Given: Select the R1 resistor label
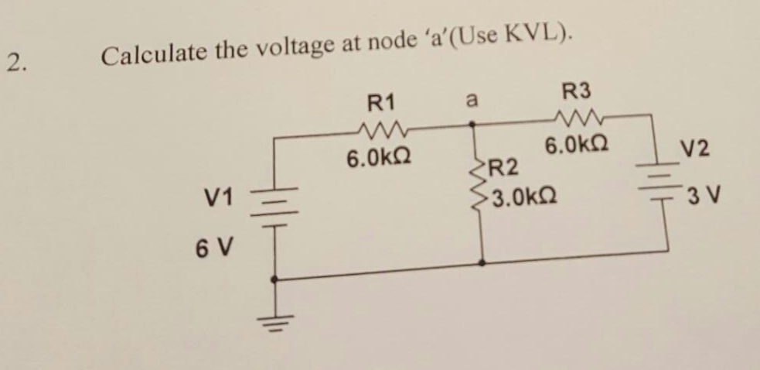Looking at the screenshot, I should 380,101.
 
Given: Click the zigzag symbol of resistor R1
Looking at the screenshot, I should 380,126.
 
